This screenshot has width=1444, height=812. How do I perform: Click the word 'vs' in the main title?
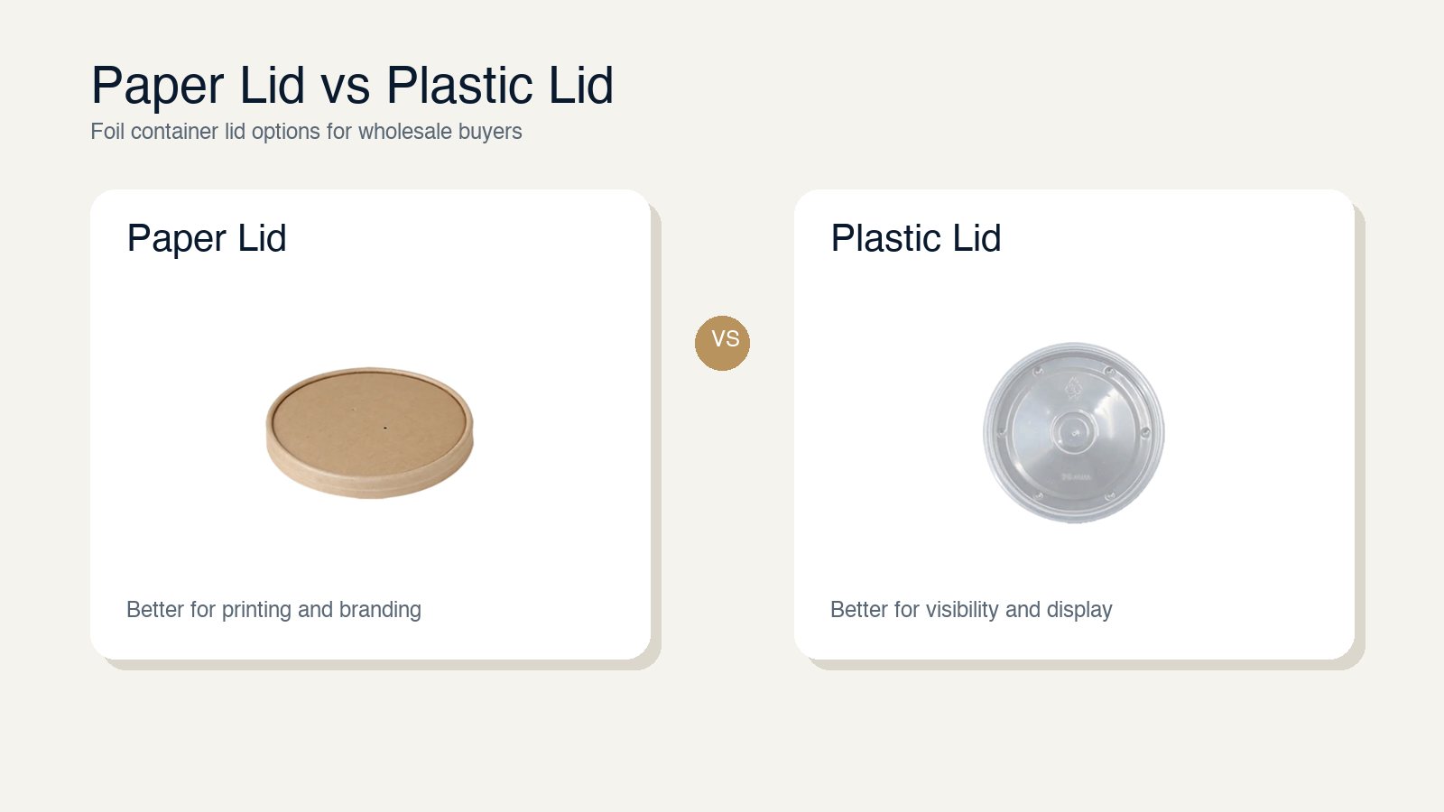coord(346,87)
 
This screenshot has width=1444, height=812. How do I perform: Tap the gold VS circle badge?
coord(722,343)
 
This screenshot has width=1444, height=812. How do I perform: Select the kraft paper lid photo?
coord(369,432)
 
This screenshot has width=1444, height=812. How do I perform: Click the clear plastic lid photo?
coord(1073,432)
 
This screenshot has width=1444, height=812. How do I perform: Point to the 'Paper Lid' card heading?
coord(207,238)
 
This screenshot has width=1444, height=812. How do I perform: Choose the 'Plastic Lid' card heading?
coord(916,238)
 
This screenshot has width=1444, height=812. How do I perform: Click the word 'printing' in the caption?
coord(256,610)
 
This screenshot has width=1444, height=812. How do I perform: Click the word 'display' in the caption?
coord(1079,610)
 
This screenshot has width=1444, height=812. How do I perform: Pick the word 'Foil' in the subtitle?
coord(107,132)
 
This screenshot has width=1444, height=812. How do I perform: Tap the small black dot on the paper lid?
coord(385,427)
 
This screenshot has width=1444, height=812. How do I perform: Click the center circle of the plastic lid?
coord(1074,432)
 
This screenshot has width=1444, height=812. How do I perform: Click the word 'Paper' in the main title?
coord(158,87)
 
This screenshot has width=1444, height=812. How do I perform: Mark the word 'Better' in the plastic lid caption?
coord(859,610)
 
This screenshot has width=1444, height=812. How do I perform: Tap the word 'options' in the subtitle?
coord(286,132)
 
